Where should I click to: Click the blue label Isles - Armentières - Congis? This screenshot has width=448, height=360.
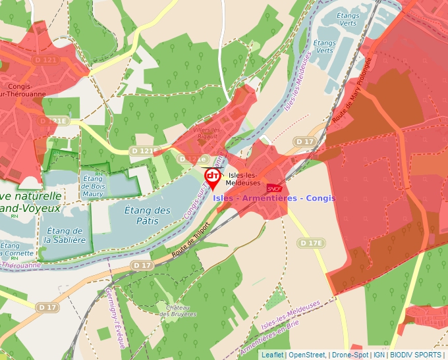[274, 198]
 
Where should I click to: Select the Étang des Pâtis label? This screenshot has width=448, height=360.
[148, 215]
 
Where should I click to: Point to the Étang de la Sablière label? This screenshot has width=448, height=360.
[65, 235]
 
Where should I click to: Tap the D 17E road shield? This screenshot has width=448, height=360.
[312, 244]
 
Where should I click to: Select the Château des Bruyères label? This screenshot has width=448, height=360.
[178, 311]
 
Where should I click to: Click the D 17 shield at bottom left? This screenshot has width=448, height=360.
[47, 307]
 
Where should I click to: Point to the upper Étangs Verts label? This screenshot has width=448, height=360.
[347, 19]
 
